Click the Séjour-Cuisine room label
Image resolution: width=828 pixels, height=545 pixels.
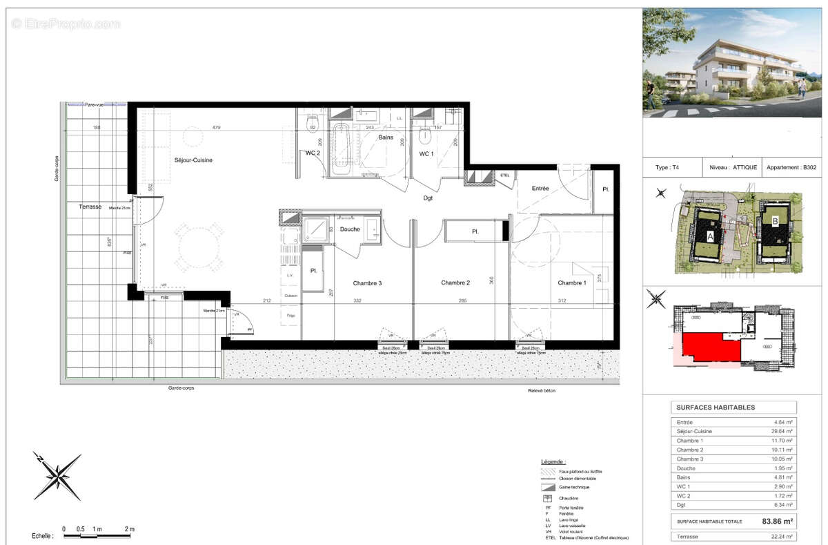pyautogui.click(x=193, y=160)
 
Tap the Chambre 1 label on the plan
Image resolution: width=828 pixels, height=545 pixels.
pyautogui.click(x=572, y=283)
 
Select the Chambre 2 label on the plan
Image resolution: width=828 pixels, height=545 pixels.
pyautogui.click(x=455, y=283)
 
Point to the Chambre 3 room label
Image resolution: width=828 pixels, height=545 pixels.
pyautogui.click(x=367, y=283)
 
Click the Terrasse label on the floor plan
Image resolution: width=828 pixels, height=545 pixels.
pyautogui.click(x=90, y=207)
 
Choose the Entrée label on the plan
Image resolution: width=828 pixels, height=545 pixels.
pyautogui.click(x=540, y=189)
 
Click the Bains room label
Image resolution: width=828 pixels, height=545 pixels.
pyautogui.click(x=386, y=138)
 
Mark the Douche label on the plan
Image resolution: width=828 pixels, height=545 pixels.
pyautogui.click(x=349, y=229)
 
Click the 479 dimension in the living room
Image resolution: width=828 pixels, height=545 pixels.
pyautogui.click(x=216, y=128)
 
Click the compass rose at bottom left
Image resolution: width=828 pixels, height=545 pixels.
pyautogui.click(x=57, y=476)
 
